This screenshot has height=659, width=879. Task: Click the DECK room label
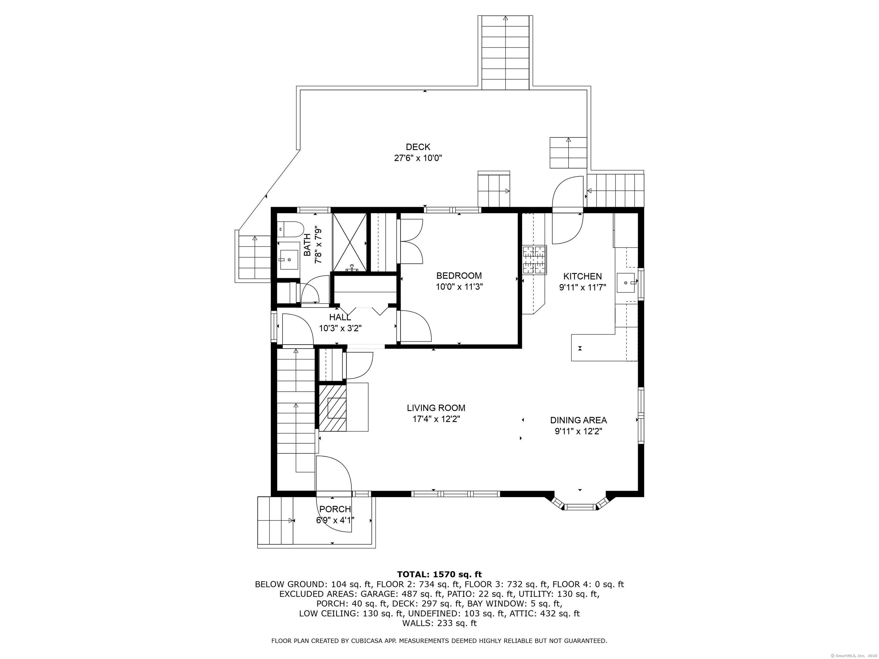(418, 147)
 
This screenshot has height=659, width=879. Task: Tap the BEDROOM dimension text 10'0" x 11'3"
(459, 287)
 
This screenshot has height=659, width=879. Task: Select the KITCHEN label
(583, 276)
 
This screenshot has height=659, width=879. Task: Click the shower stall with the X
(349, 242)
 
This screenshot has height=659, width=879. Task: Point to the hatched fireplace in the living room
(332, 407)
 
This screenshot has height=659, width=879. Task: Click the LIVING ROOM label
(436, 408)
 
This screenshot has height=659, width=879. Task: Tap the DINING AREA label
(579, 420)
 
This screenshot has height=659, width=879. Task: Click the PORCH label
(335, 509)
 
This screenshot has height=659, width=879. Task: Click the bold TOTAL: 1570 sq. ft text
(439, 574)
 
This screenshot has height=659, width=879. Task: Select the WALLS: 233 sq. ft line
(439, 623)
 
